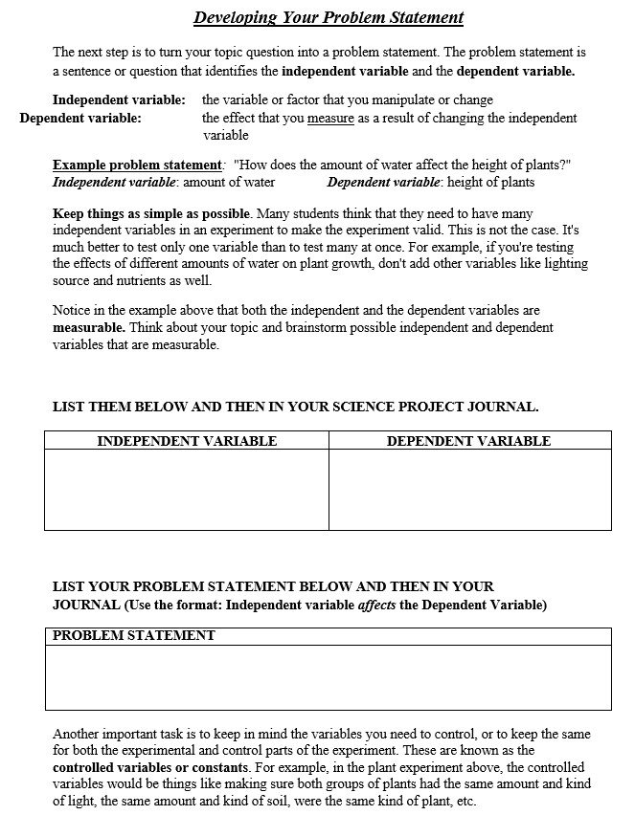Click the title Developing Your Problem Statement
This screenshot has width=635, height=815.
(328, 17)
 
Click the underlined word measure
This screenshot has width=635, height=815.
(330, 119)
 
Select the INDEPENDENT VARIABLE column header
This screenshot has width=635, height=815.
(187, 441)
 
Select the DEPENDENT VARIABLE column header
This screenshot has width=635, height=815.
(468, 441)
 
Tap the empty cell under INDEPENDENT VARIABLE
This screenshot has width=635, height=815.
(187, 489)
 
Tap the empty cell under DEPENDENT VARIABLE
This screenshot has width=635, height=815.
(468, 489)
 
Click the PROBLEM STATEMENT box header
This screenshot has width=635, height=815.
(134, 636)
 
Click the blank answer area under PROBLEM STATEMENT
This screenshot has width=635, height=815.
(328, 677)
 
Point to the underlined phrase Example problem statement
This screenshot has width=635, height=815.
(137, 165)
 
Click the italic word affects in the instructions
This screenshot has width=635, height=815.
(376, 605)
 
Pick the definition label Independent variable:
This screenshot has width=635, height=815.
(119, 99)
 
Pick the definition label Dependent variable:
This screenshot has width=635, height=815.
(80, 119)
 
